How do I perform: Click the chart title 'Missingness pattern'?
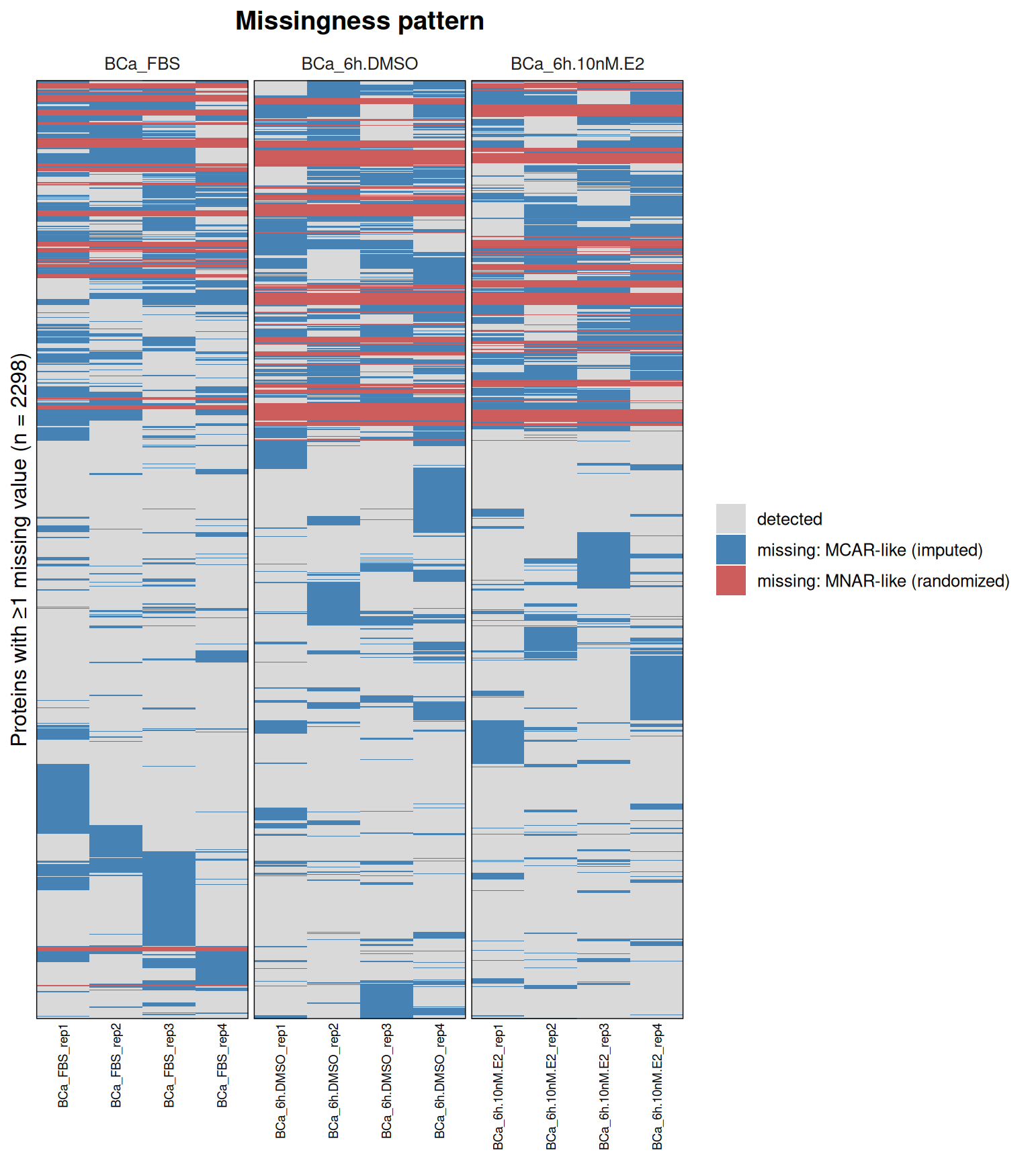pyautogui.click(x=359, y=21)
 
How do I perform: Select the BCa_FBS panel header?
pyautogui.click(x=142, y=64)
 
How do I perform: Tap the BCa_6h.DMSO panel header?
pyautogui.click(x=359, y=64)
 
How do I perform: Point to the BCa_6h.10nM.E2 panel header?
pyautogui.click(x=577, y=64)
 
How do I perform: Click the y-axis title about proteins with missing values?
pyautogui.click(x=19, y=550)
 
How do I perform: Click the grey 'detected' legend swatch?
pyautogui.click(x=731, y=519)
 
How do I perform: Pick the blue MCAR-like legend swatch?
pyautogui.click(x=731, y=550)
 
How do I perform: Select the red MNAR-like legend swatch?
pyautogui.click(x=731, y=580)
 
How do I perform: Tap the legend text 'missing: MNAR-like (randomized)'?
pyautogui.click(x=884, y=581)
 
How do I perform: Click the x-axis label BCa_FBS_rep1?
pyautogui.click(x=63, y=1066)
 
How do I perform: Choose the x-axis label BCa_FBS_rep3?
pyautogui.click(x=169, y=1066)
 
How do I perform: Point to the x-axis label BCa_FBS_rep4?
pyautogui.click(x=222, y=1066)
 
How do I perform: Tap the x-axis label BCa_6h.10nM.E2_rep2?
pyautogui.click(x=552, y=1087)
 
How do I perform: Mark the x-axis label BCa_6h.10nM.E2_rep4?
pyautogui.click(x=658, y=1087)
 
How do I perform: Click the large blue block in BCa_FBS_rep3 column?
pyautogui.click(x=169, y=898)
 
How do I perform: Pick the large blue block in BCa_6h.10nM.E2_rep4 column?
pyautogui.click(x=656, y=688)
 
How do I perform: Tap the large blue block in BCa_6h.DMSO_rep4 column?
pyautogui.click(x=439, y=500)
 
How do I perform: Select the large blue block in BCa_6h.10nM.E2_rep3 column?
pyautogui.click(x=603, y=560)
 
